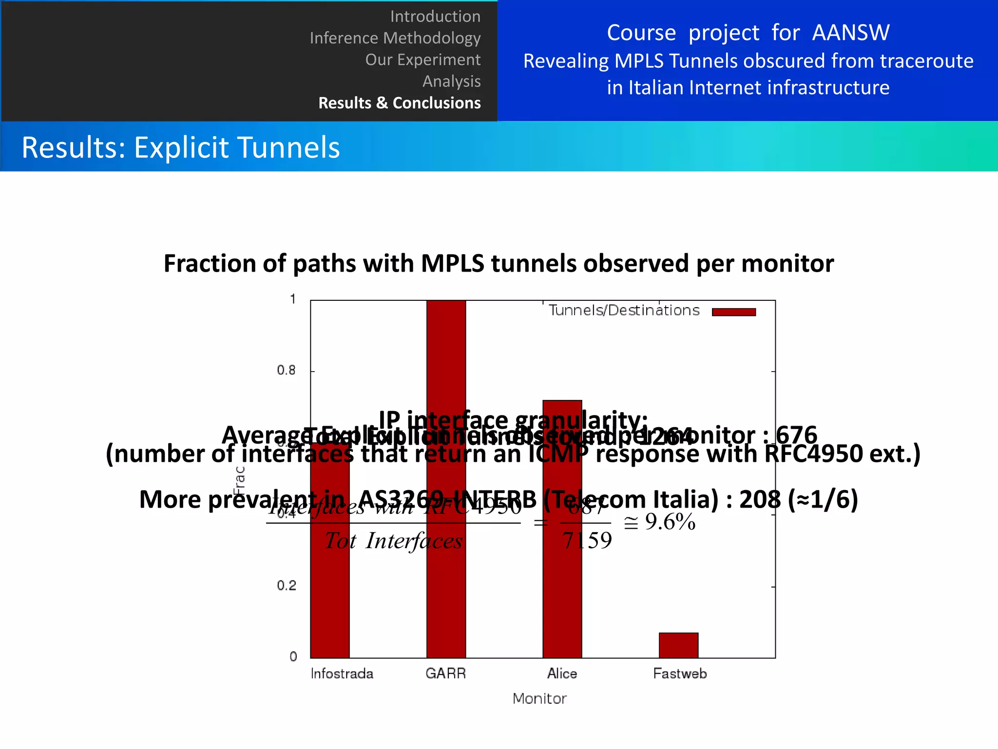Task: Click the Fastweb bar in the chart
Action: [678, 645]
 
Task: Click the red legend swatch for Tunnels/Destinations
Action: [733, 312]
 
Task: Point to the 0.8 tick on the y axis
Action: [286, 371]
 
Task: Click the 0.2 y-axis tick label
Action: [286, 586]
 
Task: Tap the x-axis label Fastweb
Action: [679, 674]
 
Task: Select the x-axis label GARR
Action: [445, 674]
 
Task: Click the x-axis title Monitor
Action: [539, 699]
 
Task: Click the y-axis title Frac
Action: [239, 481]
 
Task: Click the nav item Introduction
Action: [435, 17]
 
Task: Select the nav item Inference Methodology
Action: [395, 38]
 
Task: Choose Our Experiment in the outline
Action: [422, 59]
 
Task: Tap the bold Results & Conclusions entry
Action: [399, 103]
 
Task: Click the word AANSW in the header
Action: [850, 33]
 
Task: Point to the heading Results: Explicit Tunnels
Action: [181, 147]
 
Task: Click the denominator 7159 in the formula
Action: [587, 541]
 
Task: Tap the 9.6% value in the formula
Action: [670, 522]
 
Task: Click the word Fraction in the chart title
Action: [210, 264]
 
